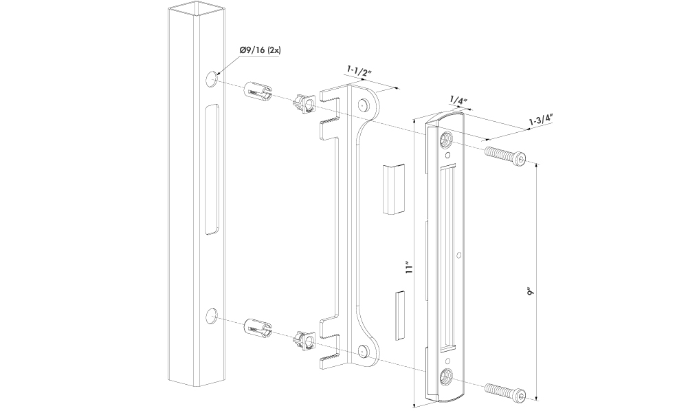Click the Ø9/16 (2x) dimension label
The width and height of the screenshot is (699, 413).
(x=263, y=51)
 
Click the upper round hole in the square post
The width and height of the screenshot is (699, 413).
(x=211, y=80)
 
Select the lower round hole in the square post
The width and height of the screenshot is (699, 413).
(x=211, y=316)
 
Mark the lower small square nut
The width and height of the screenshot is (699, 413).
(x=303, y=340)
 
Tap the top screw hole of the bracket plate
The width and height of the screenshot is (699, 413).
(x=364, y=106)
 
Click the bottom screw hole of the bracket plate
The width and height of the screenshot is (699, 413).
(x=364, y=351)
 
